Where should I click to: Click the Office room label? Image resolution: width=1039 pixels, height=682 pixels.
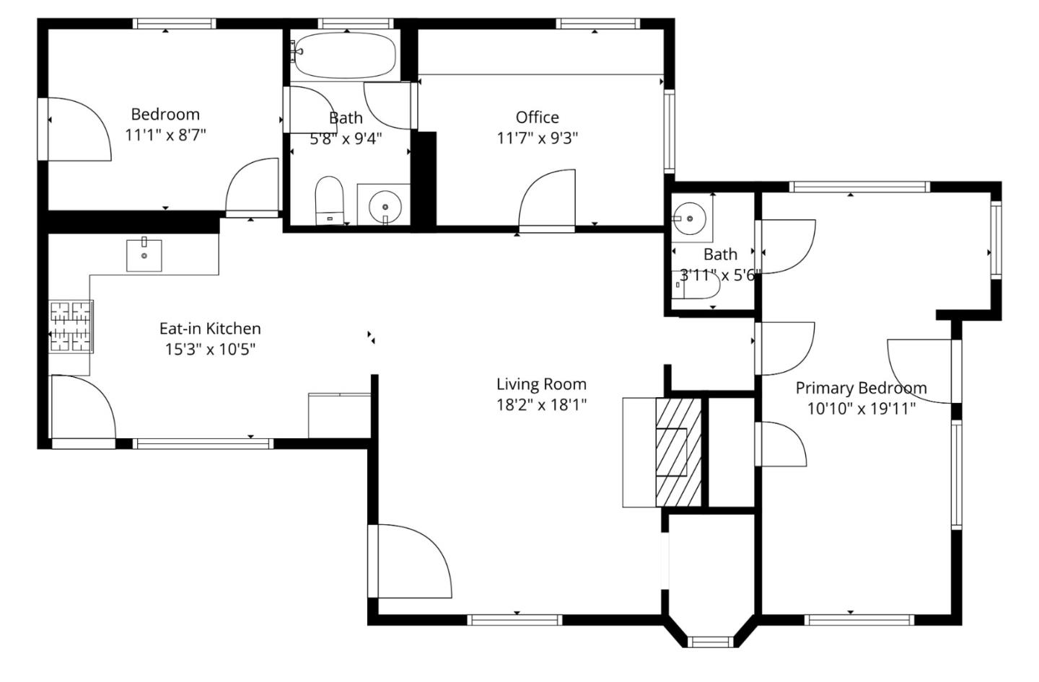(537, 118)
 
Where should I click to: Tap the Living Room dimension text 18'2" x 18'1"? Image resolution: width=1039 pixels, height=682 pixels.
(540, 405)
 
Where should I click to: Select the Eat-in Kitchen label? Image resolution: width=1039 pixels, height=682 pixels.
(210, 329)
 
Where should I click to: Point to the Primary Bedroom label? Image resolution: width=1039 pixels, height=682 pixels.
(861, 388)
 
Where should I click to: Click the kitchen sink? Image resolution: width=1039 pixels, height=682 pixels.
(144, 255)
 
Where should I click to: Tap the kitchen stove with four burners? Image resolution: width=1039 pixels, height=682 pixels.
(71, 327)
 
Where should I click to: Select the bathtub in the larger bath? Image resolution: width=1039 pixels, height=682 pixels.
(346, 56)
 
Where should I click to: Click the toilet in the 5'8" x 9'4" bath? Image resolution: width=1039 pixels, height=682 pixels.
(329, 200)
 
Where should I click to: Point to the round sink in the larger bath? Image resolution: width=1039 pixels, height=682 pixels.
(385, 206)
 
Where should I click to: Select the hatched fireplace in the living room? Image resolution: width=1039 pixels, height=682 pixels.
(678, 451)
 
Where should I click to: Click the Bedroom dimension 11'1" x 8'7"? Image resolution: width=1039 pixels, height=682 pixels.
(165, 135)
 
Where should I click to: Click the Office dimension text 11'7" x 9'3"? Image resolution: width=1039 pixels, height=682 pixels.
(538, 138)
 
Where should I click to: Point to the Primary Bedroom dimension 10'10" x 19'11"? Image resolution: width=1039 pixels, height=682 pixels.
(861, 409)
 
